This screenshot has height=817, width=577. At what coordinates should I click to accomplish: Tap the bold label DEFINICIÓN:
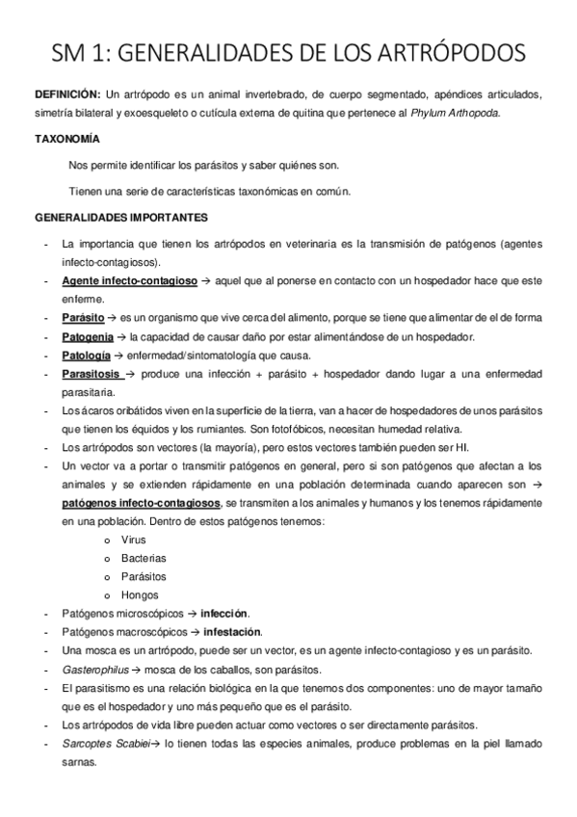tap(66, 97)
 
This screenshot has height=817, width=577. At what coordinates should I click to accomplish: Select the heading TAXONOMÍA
tap(66, 140)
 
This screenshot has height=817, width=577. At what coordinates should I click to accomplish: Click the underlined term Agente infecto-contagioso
tap(129, 280)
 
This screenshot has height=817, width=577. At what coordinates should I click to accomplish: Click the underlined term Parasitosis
tap(92, 373)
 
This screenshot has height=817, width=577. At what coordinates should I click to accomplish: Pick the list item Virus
tap(134, 540)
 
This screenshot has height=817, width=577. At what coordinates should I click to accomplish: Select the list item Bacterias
tap(144, 558)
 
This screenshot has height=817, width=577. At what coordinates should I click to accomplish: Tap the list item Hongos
tap(140, 595)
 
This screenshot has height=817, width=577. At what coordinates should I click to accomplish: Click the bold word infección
tap(224, 614)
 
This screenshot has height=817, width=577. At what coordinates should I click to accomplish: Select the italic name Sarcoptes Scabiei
tap(105, 744)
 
